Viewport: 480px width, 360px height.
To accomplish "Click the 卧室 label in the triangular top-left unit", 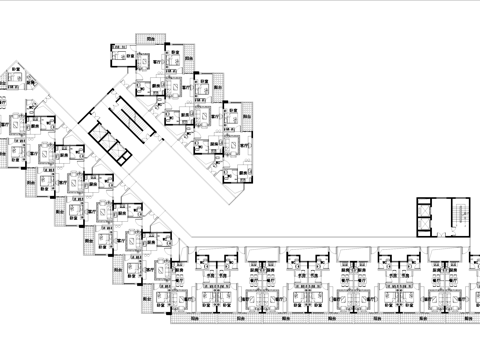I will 16,69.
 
